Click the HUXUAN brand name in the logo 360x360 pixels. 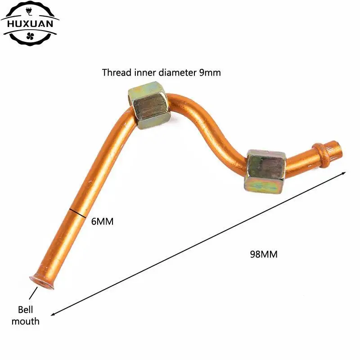30,24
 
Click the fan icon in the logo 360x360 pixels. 30,36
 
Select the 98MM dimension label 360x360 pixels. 264,254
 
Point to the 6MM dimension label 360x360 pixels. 102,221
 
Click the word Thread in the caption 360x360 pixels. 117,72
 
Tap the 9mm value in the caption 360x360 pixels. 210,73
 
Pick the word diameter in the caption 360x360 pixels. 177,72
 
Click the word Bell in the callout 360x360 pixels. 25,310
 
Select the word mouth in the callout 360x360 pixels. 25,321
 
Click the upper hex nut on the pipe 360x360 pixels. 149,105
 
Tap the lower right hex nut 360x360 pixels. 265,171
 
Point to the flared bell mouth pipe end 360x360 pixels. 41,282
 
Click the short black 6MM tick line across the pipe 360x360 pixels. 78,213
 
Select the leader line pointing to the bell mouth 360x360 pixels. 33,293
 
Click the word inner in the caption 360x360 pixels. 145,72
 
